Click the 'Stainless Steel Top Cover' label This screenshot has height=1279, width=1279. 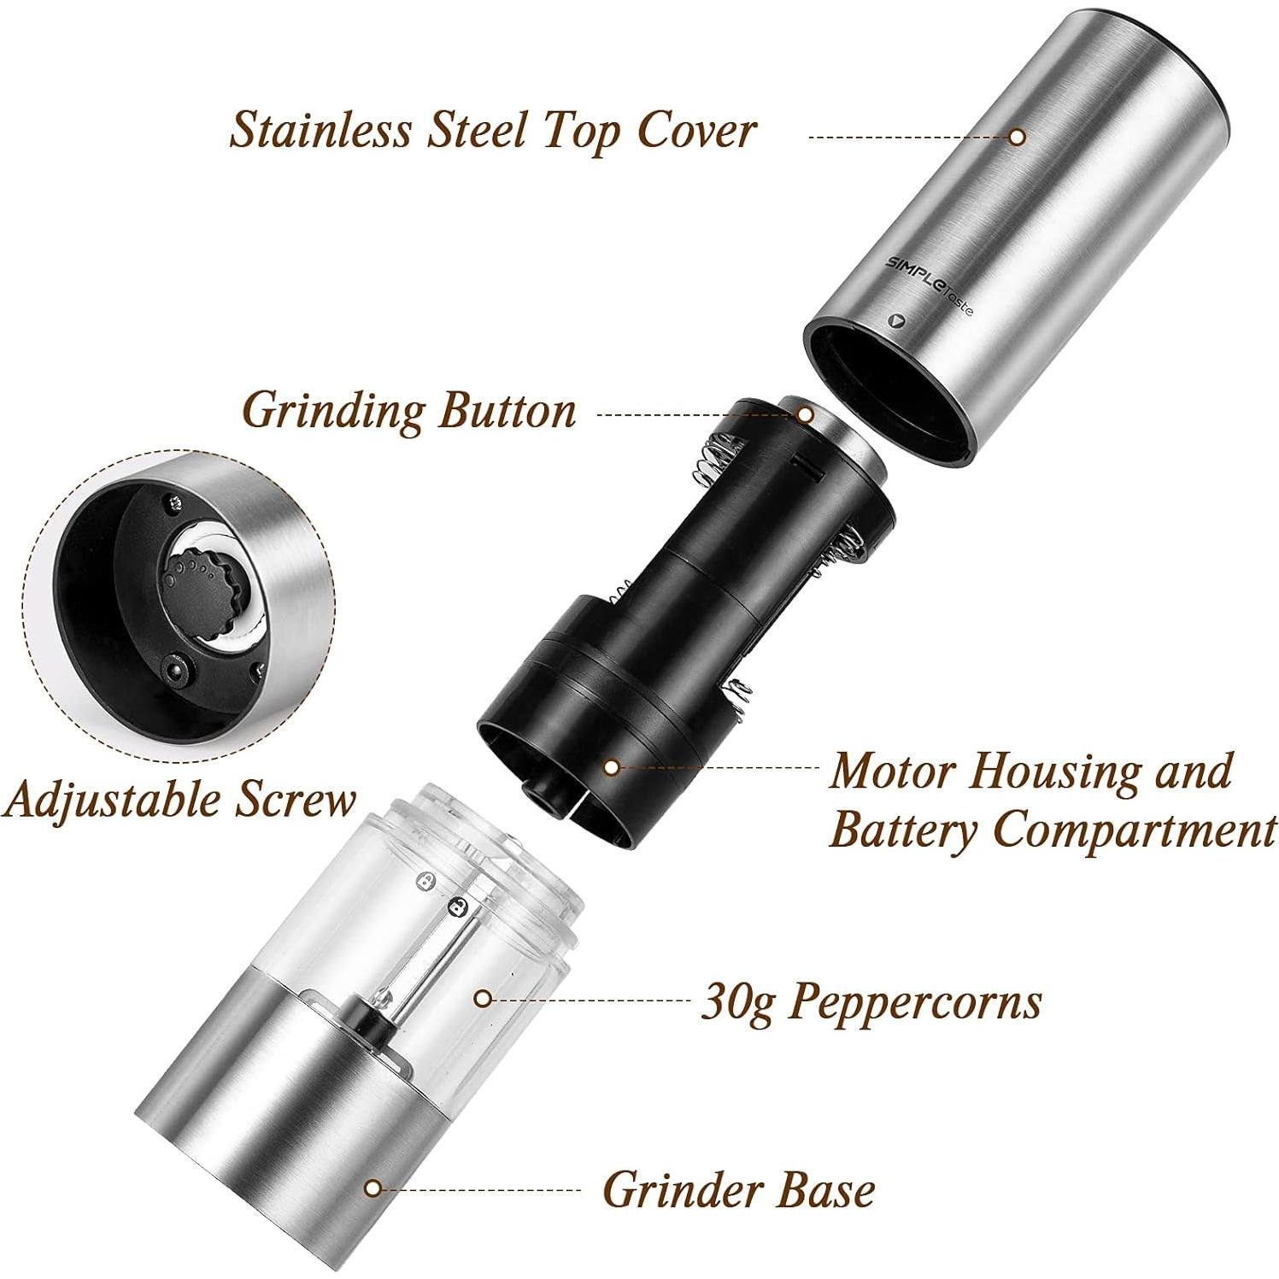[x=493, y=131]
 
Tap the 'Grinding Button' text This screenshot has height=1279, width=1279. [x=408, y=411]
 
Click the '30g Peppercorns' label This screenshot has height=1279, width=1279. [x=871, y=1000]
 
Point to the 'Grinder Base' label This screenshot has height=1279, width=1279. [x=738, y=1189]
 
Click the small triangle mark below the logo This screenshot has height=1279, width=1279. [x=895, y=320]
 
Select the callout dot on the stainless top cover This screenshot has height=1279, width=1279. [x=1017, y=136]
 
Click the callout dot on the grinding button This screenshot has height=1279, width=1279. [x=805, y=414]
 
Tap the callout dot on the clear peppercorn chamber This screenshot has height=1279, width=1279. [x=483, y=997]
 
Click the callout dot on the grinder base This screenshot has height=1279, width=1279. [x=372, y=1188]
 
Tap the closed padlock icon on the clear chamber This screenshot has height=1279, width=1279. [x=458, y=906]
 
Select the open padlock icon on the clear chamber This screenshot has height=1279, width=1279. [x=424, y=881]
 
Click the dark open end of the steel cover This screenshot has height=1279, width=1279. [x=889, y=384]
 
